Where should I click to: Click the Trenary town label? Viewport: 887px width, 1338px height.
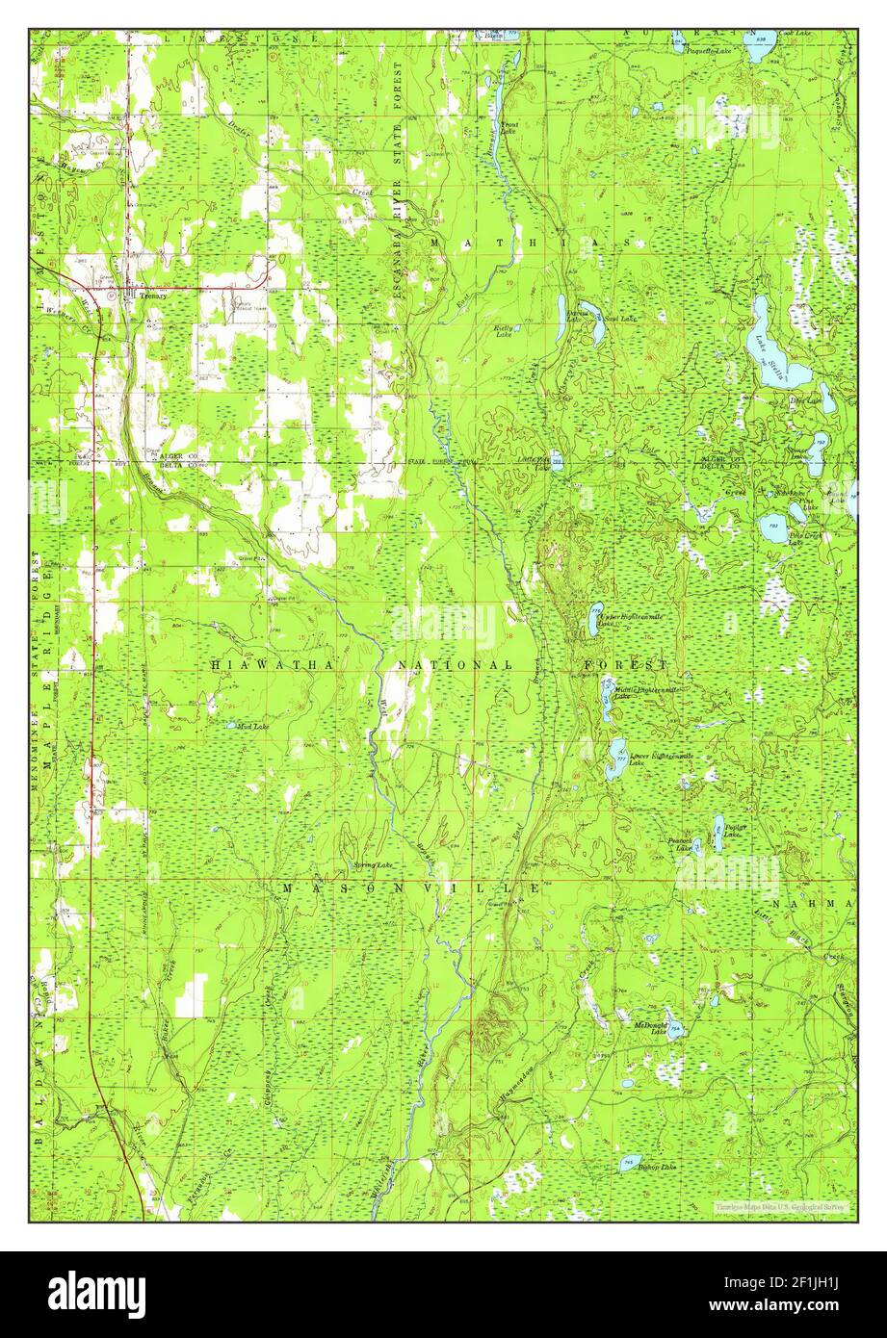pos(153,296)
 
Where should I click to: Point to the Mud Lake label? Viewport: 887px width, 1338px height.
pos(253,727)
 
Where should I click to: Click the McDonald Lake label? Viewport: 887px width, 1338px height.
pos(650,1027)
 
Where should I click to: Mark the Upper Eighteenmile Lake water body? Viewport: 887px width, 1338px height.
pos(596,621)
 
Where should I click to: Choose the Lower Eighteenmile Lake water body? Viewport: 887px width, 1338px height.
pos(616,760)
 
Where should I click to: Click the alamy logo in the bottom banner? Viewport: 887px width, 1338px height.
pos(97,1294)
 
